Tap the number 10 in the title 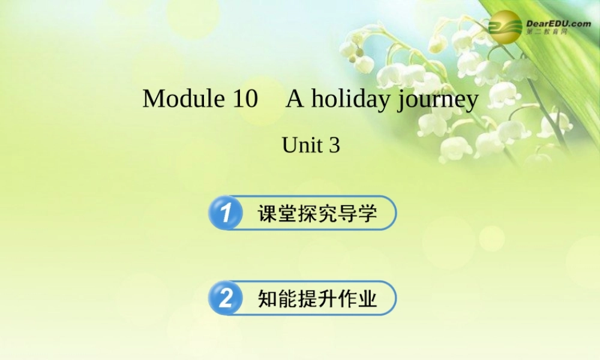(x=244, y=99)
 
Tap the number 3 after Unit (x=334, y=145)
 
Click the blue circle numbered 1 (x=226, y=213)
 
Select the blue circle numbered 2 (x=226, y=298)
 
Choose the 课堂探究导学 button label (x=317, y=213)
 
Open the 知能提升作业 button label (x=317, y=298)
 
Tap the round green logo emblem (x=505, y=26)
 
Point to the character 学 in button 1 (x=367, y=213)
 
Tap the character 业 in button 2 (x=367, y=298)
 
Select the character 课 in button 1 (x=268, y=213)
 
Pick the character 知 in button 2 (x=268, y=298)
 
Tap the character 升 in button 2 (x=327, y=298)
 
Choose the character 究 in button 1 (x=327, y=213)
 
